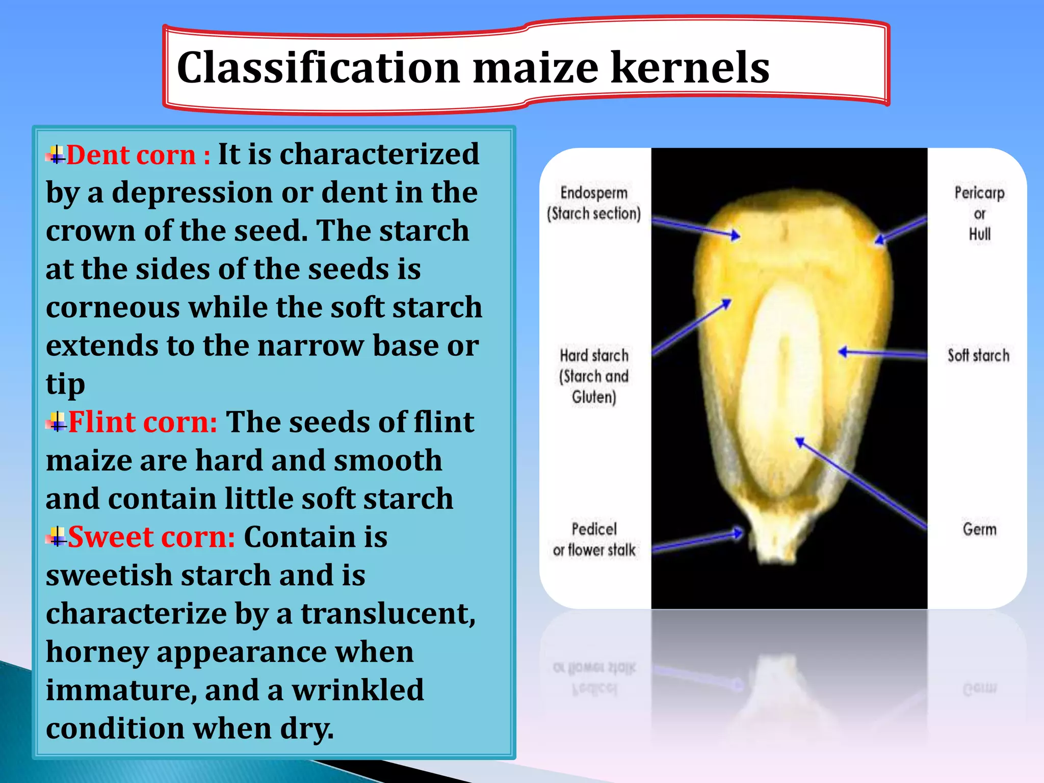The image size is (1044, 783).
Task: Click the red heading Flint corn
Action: coord(143,423)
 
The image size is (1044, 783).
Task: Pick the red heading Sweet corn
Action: coord(151,537)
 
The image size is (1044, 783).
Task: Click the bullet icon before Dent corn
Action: coord(56,155)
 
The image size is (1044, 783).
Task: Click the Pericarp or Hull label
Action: coord(979,214)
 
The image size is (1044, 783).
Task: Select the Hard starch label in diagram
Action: coord(594,376)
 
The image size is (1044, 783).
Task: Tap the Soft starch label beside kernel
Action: coord(978,355)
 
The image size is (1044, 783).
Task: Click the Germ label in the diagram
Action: coord(979,529)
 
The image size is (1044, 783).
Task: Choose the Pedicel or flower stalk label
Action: coord(594,540)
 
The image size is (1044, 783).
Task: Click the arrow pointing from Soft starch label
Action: coord(882,353)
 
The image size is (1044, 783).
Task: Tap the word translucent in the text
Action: coord(388,614)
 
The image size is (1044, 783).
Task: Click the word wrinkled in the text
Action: coord(357,690)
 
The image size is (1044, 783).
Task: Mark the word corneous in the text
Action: coord(113,308)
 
